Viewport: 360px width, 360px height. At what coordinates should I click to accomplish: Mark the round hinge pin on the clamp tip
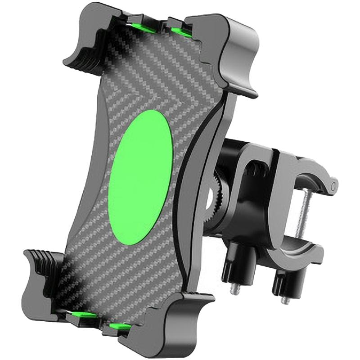pos(333,184)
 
